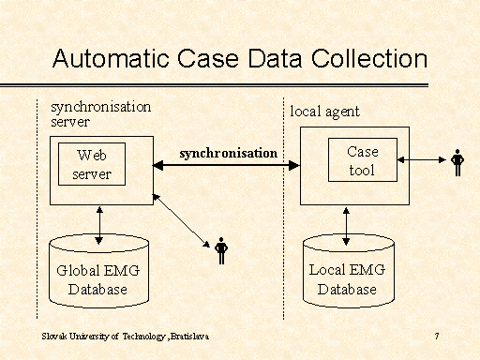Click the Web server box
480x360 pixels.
(x=93, y=164)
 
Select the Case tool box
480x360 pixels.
(x=361, y=160)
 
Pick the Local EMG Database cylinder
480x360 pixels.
(x=347, y=274)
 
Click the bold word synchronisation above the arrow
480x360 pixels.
(x=228, y=152)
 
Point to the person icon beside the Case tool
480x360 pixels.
(x=457, y=162)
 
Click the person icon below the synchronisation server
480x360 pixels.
(x=221, y=250)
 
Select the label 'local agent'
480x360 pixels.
(x=324, y=112)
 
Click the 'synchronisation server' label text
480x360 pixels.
(x=100, y=113)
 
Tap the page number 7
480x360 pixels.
(x=438, y=336)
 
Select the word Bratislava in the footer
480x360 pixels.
(x=190, y=336)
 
